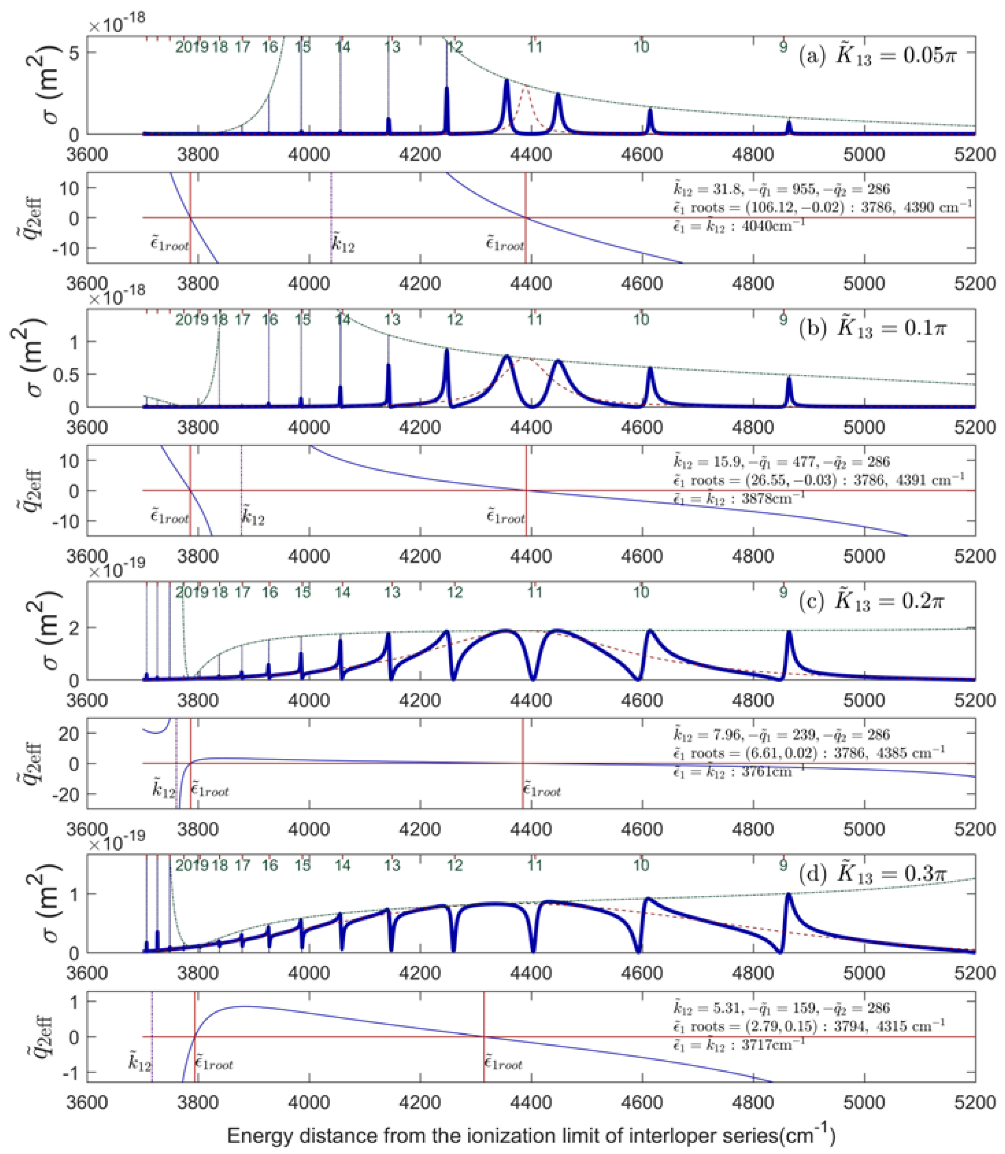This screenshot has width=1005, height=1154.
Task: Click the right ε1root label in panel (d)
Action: (x=503, y=1064)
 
